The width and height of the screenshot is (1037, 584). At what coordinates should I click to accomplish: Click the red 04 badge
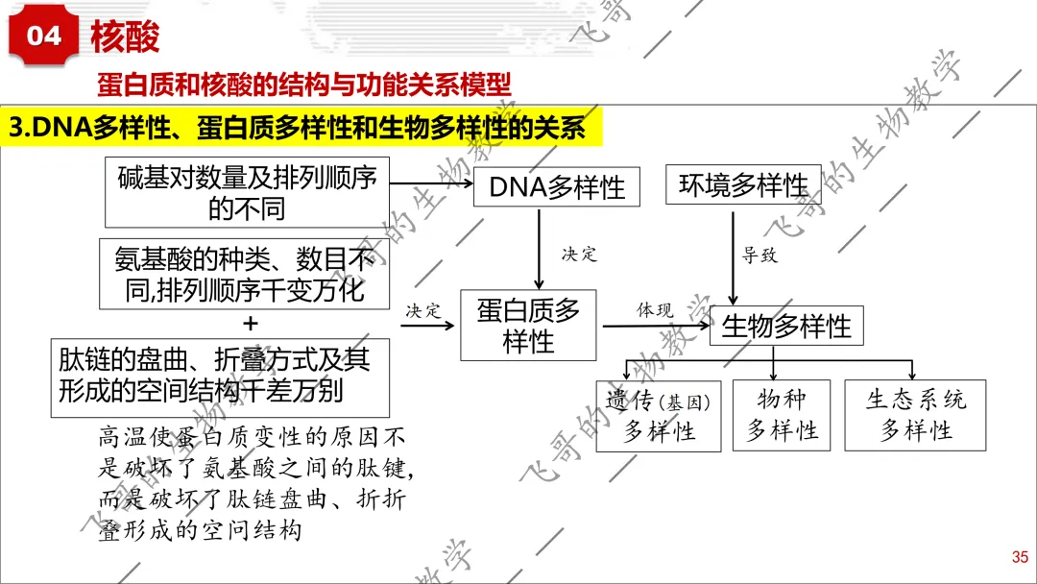pyautogui.click(x=43, y=35)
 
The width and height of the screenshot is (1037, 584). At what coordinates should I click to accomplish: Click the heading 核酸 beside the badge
pyautogui.click(x=125, y=36)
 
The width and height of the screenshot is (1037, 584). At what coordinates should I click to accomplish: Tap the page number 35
pyautogui.click(x=1020, y=557)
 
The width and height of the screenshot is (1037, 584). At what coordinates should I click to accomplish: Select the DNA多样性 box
pyautogui.click(x=557, y=187)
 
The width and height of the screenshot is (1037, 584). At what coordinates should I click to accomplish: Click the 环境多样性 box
pyautogui.click(x=743, y=184)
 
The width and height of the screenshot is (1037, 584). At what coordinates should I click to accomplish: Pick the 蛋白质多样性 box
pyautogui.click(x=528, y=326)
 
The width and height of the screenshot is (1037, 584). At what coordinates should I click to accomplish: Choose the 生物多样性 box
pyautogui.click(x=786, y=326)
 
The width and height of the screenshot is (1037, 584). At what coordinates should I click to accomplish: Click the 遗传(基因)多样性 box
pyautogui.click(x=659, y=416)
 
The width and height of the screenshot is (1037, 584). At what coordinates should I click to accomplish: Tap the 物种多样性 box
pyautogui.click(x=782, y=415)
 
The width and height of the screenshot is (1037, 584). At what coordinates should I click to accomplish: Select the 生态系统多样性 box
pyautogui.click(x=915, y=415)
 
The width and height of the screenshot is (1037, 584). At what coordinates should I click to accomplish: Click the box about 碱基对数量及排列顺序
pyautogui.click(x=248, y=192)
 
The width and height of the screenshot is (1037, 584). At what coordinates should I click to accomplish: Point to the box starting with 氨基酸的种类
pyautogui.click(x=244, y=274)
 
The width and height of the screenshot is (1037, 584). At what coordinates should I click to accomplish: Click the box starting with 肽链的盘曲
pyautogui.click(x=220, y=377)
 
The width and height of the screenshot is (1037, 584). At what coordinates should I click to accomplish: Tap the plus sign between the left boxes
pyautogui.click(x=250, y=324)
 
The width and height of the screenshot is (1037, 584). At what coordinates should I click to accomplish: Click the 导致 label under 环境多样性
pyautogui.click(x=760, y=255)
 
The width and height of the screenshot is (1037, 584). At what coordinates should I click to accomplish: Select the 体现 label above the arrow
pyautogui.click(x=655, y=309)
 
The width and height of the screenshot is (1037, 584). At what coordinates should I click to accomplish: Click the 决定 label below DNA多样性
pyautogui.click(x=579, y=254)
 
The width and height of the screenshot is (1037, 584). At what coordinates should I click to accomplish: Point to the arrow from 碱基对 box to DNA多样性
pyautogui.click(x=431, y=183)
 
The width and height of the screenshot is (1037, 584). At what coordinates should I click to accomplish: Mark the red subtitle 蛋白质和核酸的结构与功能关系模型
pyautogui.click(x=304, y=84)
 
